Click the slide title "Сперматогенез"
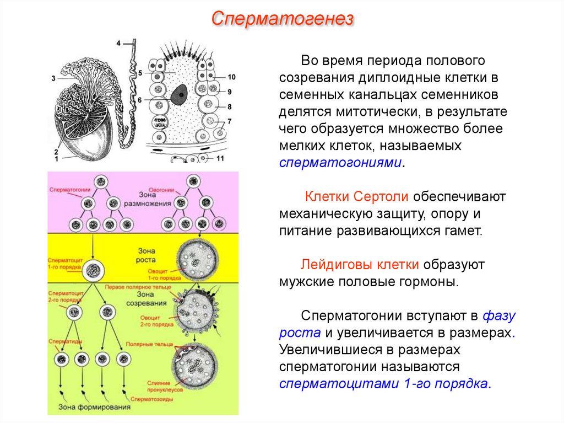[x=282, y=20]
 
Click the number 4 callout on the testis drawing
[x=118, y=42]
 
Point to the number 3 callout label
[x=53, y=79]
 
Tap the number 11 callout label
[x=220, y=159]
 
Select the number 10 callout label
[x=231, y=77]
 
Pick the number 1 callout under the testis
[x=56, y=159]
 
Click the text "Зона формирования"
[x=89, y=408]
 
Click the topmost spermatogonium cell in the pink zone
[x=101, y=182]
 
